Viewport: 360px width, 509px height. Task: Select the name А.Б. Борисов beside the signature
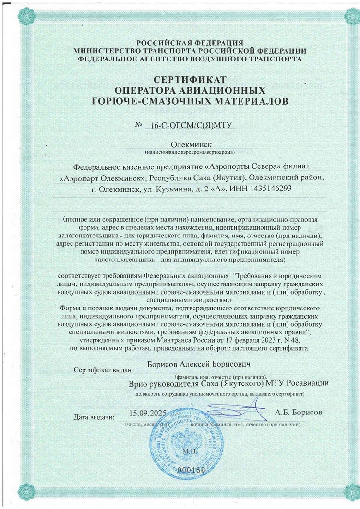299,412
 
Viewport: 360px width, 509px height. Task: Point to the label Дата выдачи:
94,417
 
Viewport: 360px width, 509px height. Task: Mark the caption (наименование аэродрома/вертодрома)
190,152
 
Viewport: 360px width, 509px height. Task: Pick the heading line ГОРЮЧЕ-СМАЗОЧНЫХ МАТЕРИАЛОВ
190,101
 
